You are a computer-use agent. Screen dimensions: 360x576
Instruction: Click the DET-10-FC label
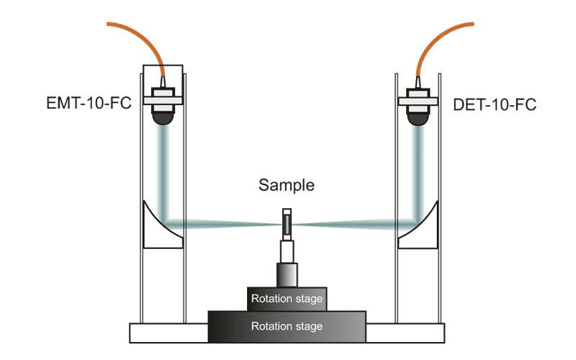point(495,105)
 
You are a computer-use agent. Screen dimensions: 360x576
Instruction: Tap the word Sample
point(287,185)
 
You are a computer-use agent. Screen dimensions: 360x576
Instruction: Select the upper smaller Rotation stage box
point(287,298)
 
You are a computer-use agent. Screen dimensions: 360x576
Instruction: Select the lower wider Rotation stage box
point(287,326)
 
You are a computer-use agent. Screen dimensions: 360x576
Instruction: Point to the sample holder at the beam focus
point(287,223)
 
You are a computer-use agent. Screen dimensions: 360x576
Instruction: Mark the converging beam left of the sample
point(223,224)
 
